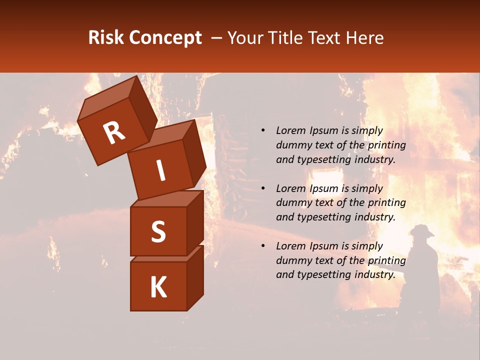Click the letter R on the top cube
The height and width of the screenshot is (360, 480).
click(x=114, y=133)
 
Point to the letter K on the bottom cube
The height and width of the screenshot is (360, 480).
click(x=158, y=287)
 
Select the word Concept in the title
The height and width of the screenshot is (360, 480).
click(x=165, y=38)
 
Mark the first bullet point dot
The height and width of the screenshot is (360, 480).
click(x=263, y=131)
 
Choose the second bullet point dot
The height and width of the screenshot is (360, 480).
click(x=263, y=189)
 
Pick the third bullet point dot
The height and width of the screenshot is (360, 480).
click(x=263, y=246)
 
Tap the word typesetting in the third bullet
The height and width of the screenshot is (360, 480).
click(x=323, y=274)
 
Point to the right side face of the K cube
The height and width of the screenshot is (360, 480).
click(x=195, y=277)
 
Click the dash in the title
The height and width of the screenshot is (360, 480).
click(x=217, y=38)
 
